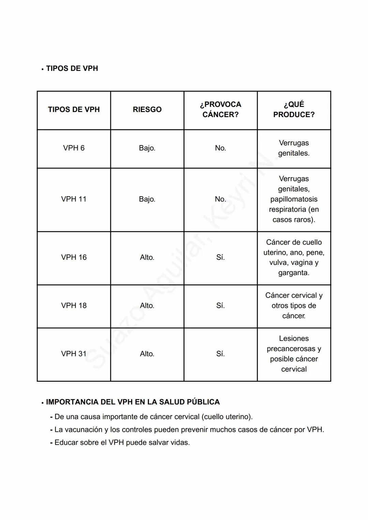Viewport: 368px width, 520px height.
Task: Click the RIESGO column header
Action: click(147, 110)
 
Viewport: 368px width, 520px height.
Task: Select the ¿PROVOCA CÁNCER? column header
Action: click(220, 109)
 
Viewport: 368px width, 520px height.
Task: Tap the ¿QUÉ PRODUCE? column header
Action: click(294, 109)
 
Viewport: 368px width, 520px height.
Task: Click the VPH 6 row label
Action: click(74, 148)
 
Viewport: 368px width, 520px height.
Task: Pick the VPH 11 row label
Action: click(74, 199)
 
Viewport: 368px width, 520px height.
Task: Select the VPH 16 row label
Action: click(74, 257)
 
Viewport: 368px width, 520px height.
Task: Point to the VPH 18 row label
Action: click(74, 306)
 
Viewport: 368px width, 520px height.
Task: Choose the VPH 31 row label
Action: click(74, 354)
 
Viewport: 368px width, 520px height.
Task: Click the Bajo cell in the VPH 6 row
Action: click(147, 148)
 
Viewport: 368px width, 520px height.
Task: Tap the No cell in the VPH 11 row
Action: click(220, 199)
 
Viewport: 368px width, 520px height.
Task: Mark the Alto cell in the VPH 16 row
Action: click(147, 257)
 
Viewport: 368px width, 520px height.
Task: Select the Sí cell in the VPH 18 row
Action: click(220, 306)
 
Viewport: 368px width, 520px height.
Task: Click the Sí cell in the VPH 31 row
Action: click(220, 354)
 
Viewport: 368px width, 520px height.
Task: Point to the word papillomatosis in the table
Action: click(294, 199)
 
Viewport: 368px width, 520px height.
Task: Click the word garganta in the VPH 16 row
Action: click(293, 273)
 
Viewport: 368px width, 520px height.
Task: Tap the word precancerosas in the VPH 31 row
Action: click(291, 349)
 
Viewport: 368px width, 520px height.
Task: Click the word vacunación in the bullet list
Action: click(84, 430)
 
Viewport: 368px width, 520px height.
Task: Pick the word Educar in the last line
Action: click(66, 443)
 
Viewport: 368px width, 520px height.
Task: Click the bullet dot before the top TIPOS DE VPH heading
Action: click(43, 69)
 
